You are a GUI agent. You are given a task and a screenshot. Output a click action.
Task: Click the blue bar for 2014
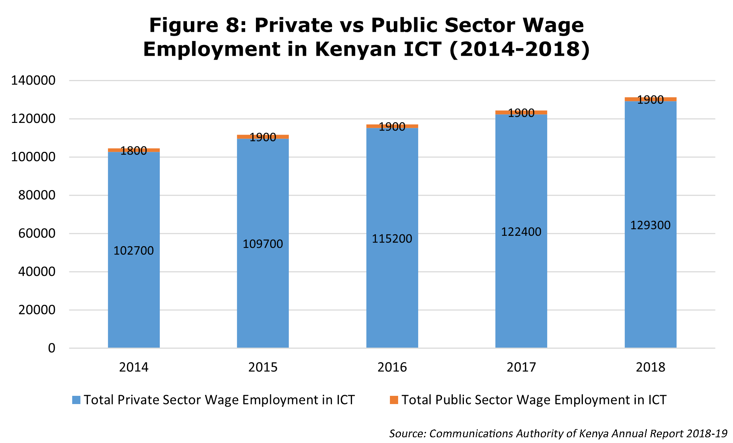point(134,250)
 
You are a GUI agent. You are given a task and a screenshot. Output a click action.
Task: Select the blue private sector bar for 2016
point(392,238)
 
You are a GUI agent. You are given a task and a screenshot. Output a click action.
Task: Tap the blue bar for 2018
point(650,224)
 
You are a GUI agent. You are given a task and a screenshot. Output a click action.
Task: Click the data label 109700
point(263,244)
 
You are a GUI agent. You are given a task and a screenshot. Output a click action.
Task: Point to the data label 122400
point(521,232)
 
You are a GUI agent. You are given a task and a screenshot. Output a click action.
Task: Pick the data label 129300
point(650,225)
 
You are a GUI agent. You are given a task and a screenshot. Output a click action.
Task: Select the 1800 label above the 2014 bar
point(134,151)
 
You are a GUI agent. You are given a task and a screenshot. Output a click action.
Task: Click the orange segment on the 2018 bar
point(650,99)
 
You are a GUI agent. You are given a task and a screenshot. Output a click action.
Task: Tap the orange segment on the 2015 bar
point(263,137)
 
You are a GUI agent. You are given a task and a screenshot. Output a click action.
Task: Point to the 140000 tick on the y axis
point(34,80)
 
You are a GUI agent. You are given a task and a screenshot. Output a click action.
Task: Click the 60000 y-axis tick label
point(34,233)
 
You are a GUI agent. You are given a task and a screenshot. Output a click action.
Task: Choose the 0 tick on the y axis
point(52,348)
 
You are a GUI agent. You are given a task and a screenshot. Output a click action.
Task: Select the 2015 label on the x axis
point(263,367)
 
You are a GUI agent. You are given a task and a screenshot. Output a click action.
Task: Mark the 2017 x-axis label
point(521,367)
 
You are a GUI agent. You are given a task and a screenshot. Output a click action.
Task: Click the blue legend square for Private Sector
point(76,400)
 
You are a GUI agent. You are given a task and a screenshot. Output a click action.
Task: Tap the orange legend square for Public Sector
point(394,400)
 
